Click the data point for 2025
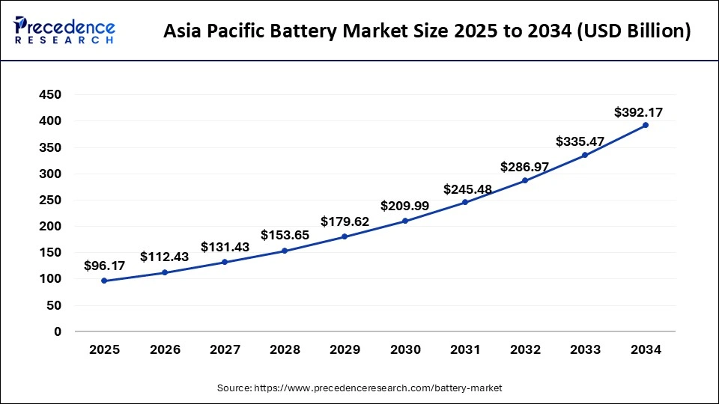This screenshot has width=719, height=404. [104, 281]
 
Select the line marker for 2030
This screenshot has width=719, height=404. [405, 221]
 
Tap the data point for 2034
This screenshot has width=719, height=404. [646, 125]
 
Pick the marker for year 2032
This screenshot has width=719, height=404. [525, 180]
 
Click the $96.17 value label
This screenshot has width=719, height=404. [104, 265]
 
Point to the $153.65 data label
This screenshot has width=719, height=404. [285, 235]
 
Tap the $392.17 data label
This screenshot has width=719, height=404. [638, 113]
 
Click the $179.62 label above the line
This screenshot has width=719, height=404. [345, 221]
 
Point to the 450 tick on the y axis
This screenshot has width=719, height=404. [50, 95]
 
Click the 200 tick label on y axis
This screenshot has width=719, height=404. [50, 227]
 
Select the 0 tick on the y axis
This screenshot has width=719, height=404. [57, 331]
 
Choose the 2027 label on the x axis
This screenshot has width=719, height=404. [225, 350]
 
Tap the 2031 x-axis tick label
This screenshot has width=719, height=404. [465, 350]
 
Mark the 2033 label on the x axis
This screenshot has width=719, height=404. [585, 350]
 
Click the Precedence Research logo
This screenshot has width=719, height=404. [64, 30]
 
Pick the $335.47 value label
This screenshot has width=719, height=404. [580, 141]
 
